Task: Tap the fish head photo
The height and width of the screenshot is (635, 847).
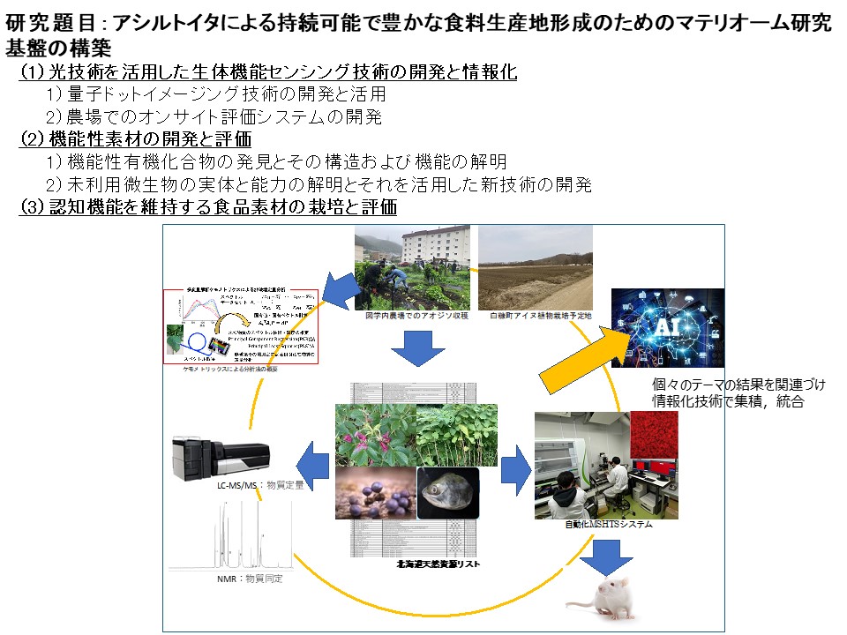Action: click(448, 493)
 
